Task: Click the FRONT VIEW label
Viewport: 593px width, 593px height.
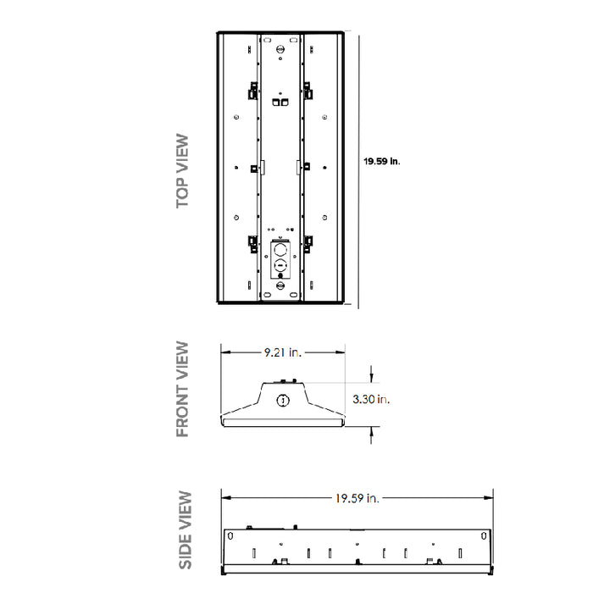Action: pyautogui.click(x=183, y=389)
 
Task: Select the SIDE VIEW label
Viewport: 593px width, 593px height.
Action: pyautogui.click(x=185, y=531)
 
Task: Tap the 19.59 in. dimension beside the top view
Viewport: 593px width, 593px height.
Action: pyautogui.click(x=381, y=162)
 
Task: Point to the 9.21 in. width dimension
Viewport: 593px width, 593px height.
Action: pyautogui.click(x=283, y=351)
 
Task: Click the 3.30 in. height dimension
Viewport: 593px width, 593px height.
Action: pyautogui.click(x=371, y=399)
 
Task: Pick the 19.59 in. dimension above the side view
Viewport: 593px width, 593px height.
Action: pyautogui.click(x=355, y=497)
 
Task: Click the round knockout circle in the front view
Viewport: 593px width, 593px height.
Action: pyautogui.click(x=284, y=399)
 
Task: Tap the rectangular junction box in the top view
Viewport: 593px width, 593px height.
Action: pyautogui.click(x=280, y=258)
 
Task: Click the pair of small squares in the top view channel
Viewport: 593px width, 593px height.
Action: pyautogui.click(x=280, y=100)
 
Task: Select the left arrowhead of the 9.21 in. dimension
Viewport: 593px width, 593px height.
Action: pyautogui.click(x=224, y=351)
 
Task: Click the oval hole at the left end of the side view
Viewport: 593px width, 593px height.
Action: pyautogui.click(x=230, y=535)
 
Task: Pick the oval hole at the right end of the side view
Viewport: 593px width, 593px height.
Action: pyautogui.click(x=483, y=535)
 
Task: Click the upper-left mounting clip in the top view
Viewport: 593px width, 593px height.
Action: pyautogui.click(x=252, y=89)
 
